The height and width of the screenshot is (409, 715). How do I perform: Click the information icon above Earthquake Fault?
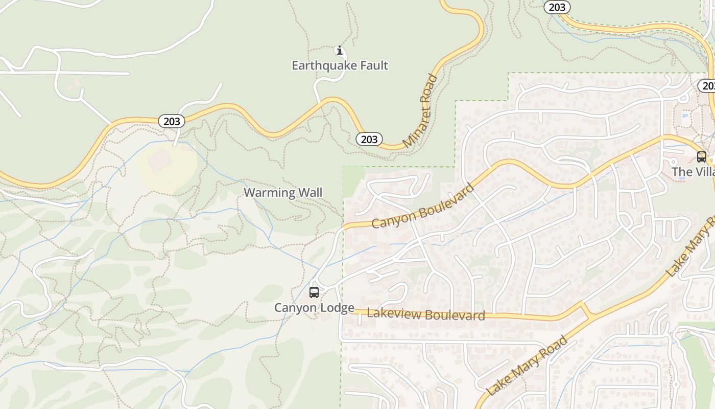point(339,50)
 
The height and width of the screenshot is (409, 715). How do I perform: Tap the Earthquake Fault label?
point(340,65)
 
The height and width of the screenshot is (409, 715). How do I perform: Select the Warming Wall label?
point(283,193)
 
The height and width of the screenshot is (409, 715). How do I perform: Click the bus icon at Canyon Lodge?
point(314,292)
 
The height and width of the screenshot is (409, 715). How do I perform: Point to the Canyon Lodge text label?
point(314,308)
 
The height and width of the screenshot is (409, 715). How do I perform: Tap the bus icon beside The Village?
point(702,157)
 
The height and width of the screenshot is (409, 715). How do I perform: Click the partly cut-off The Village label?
point(693,172)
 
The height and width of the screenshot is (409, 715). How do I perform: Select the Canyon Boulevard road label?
point(423,206)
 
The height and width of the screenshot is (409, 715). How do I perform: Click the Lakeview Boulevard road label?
point(426,314)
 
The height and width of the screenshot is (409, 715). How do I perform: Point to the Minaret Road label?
point(420,111)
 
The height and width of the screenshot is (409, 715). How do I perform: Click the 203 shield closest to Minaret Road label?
point(369,139)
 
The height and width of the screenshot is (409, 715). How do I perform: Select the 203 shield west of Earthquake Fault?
point(172,121)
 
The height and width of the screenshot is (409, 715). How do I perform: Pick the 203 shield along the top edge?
point(557,7)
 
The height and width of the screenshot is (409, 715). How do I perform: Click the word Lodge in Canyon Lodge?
point(336,308)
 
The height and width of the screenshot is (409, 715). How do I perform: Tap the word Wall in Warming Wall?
point(311,193)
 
